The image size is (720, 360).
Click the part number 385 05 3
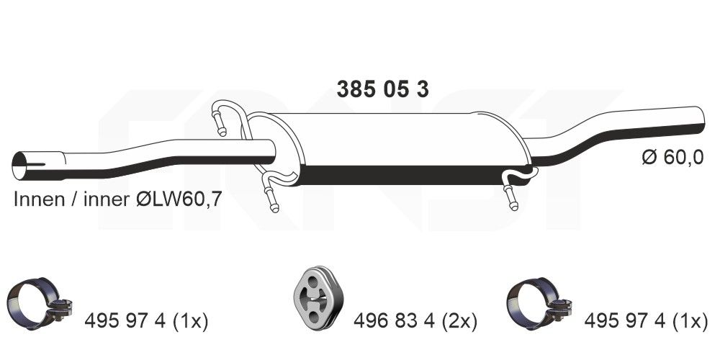pos(383,89)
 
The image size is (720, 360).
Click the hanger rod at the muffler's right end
pos(511,192)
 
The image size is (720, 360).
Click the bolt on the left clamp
pos(61,312)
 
